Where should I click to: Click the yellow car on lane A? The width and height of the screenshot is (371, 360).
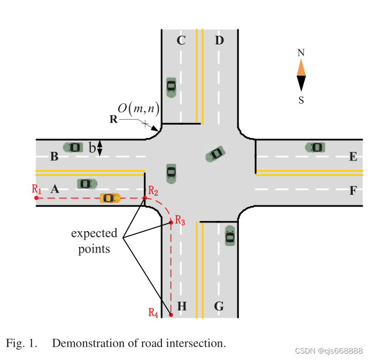pos(110,198)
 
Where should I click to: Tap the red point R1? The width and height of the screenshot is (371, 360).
pos(36,198)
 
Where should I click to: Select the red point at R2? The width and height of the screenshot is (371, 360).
pos(145,198)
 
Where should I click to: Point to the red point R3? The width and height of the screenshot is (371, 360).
pos(171,221)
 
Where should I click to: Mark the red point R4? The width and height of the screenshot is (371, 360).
pos(171,315)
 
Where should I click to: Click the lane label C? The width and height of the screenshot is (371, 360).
pos(181,40)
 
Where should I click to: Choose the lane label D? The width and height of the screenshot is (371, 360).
pos(219,40)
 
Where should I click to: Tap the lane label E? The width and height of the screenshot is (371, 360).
pos(352,157)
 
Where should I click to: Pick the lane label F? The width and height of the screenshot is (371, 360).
pos(352,189)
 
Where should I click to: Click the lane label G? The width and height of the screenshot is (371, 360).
pos(219,307)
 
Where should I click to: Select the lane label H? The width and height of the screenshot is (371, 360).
pos(182,307)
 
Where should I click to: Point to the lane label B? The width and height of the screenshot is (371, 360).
pos(54,157)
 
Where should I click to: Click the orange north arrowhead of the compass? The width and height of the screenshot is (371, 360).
pos(301,67)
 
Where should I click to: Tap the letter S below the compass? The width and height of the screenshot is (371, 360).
pos(301,100)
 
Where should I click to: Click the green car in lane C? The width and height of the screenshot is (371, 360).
pos(171,87)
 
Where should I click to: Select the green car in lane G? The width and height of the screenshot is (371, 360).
pos(230,235)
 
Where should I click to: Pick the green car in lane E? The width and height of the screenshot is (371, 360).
pos(315,147)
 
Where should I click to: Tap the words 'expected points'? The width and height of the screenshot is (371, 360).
pos(94,241)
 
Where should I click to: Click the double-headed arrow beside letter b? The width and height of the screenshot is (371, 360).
pos(99,148)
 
